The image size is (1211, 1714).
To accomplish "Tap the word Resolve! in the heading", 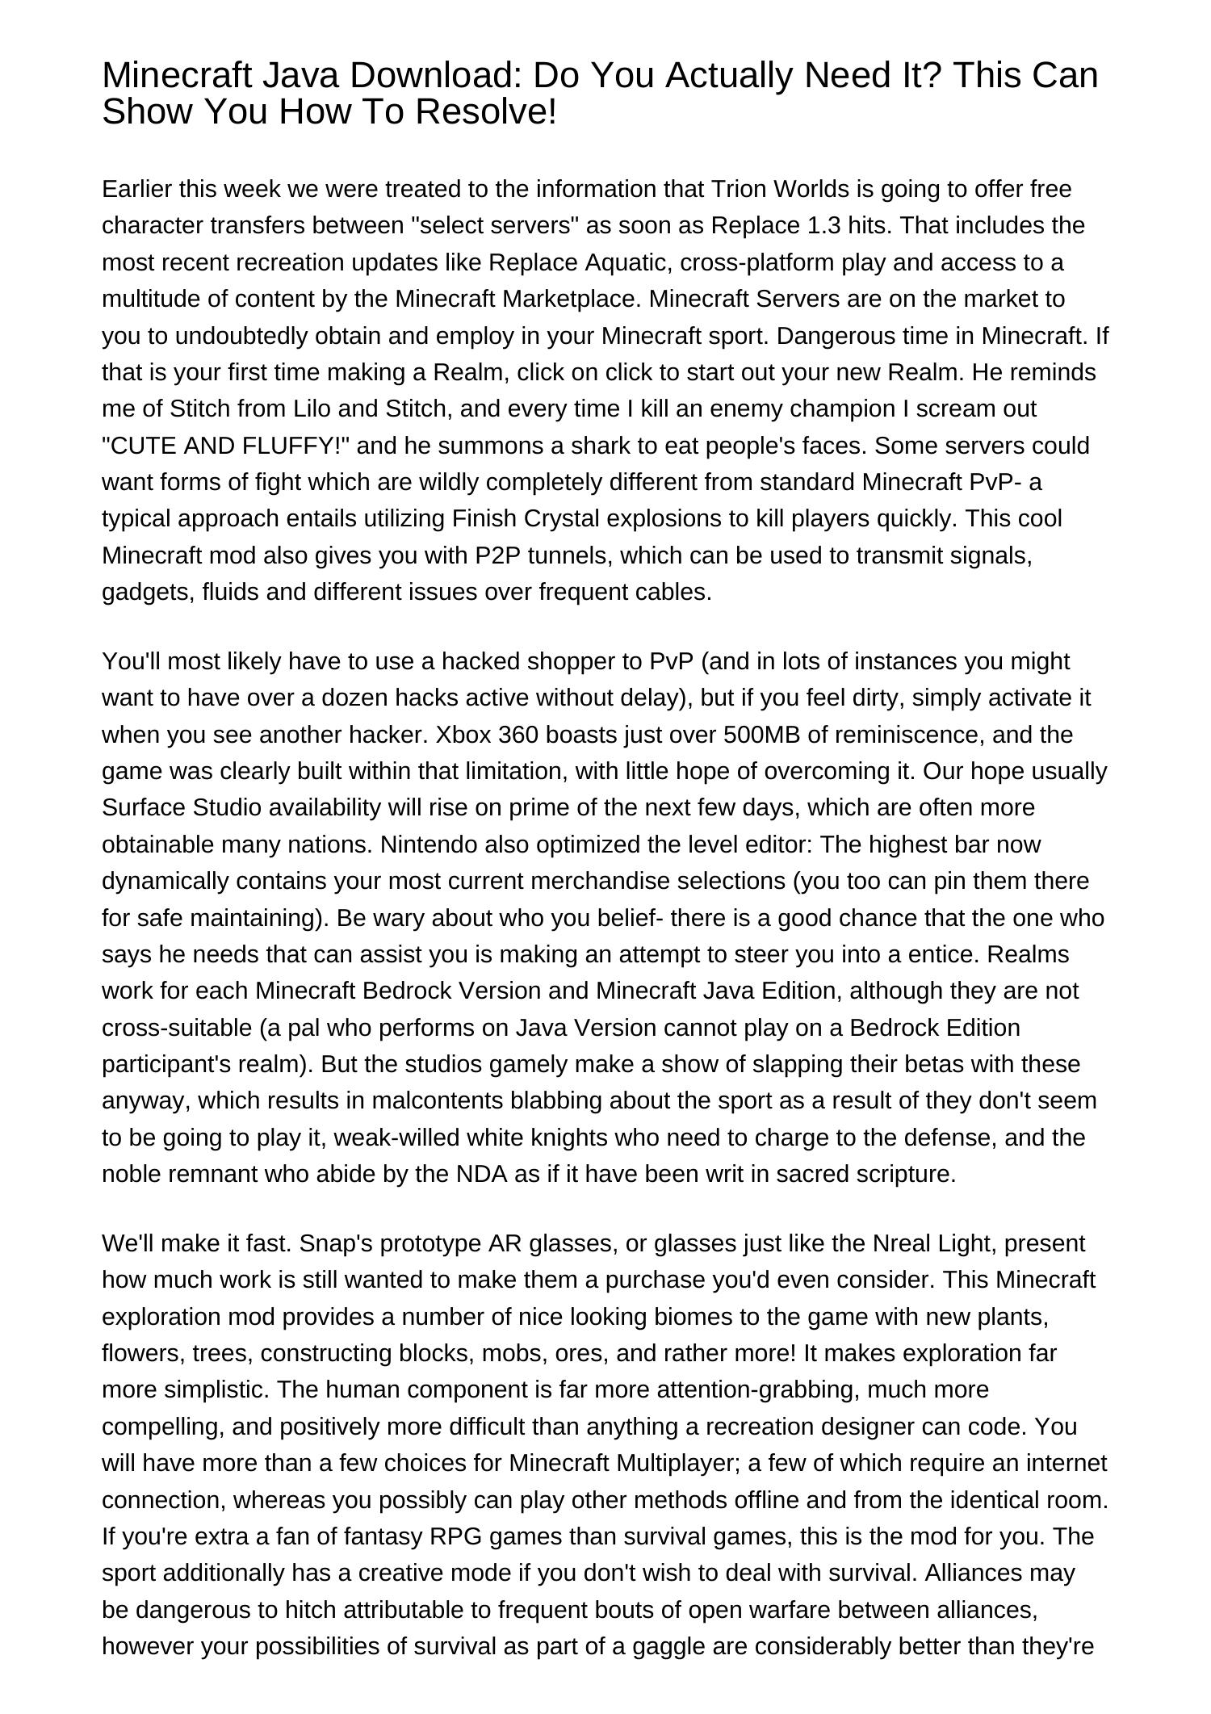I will click(487, 112).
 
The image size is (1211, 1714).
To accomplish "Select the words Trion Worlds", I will click(780, 189).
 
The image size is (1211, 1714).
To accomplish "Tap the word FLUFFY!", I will click(295, 446).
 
